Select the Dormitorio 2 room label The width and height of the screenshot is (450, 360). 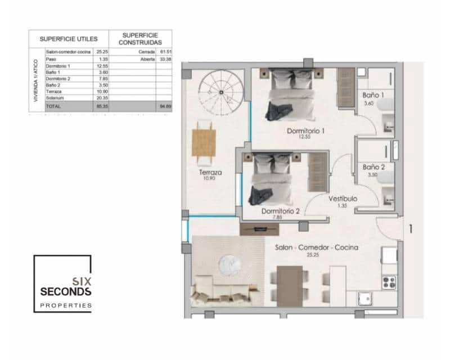[x=280, y=211]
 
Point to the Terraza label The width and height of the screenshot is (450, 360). [x=209, y=173]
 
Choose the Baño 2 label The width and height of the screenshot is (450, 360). [x=373, y=167]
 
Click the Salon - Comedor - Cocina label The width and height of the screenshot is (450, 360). [x=317, y=247]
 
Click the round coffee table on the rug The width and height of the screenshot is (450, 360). [x=230, y=264]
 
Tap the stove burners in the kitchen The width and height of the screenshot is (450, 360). [x=389, y=281]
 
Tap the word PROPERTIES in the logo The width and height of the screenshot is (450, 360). [x=65, y=306]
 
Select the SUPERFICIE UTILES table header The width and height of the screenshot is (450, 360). [x=69, y=39]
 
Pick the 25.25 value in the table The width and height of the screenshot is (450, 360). [x=102, y=52]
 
